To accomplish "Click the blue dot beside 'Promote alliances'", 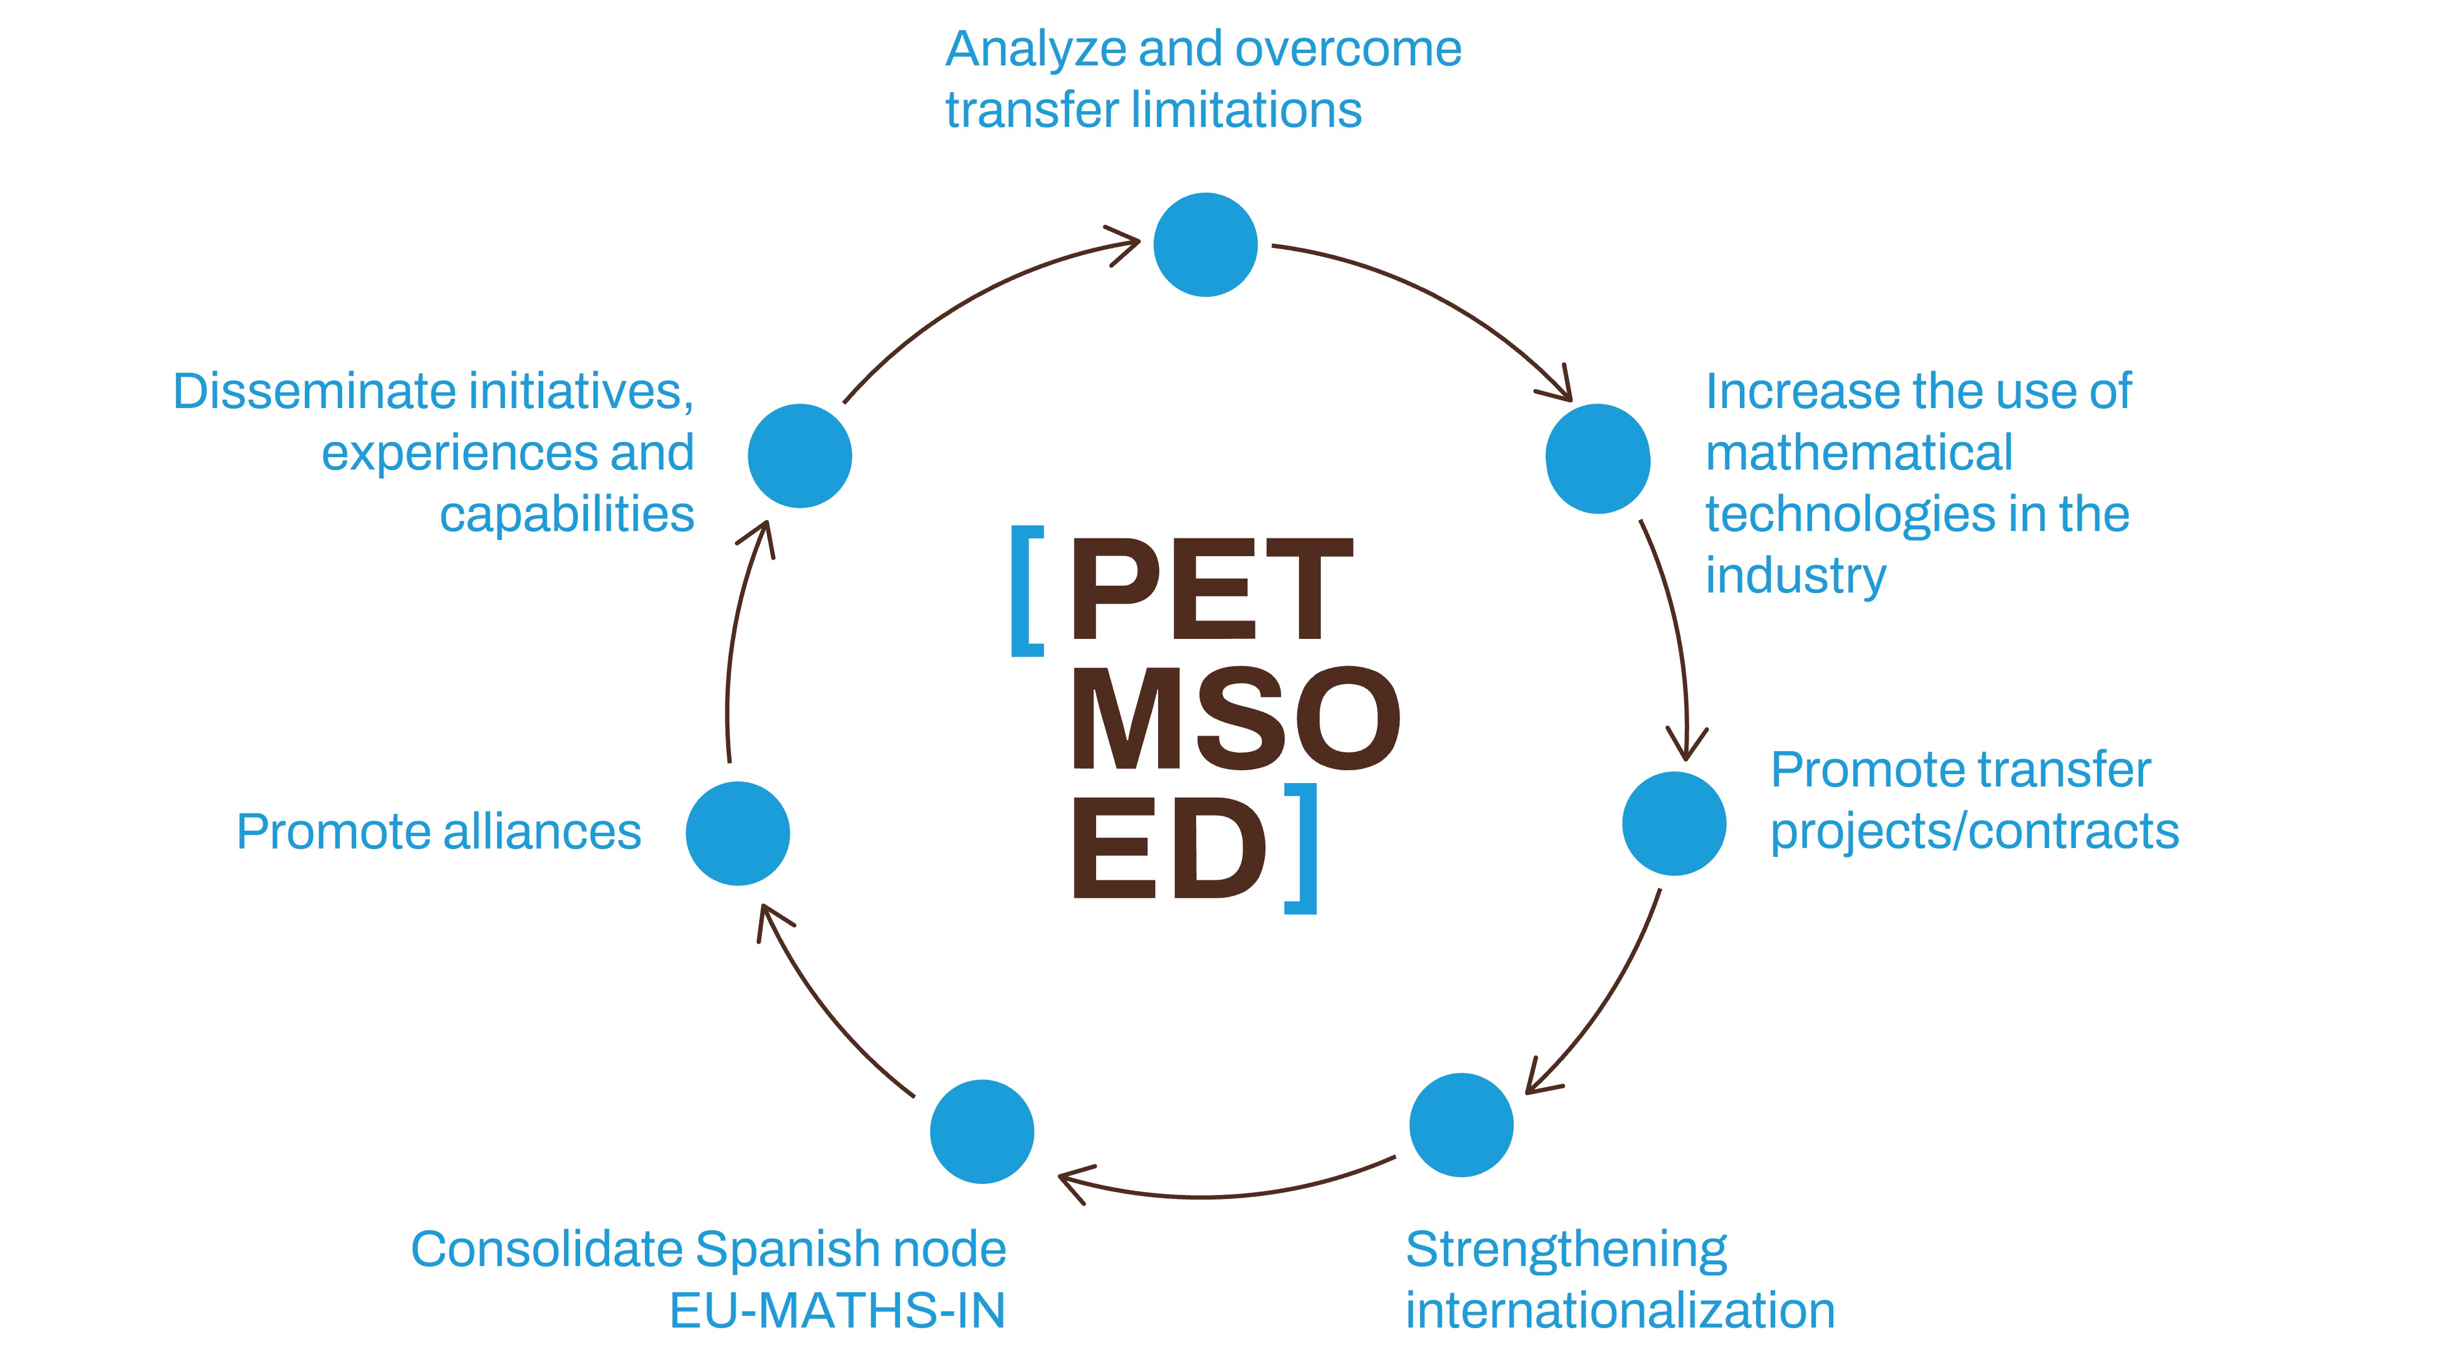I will (x=737, y=833).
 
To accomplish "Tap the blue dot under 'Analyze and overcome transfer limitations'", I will (x=1205, y=245).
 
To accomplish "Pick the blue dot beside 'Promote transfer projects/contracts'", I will (x=1674, y=824).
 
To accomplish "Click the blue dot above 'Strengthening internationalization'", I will (x=1461, y=1125).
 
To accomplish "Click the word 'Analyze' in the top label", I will (x=1035, y=50).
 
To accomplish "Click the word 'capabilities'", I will (x=566, y=515).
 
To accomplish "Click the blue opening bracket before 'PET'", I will (x=1026, y=591).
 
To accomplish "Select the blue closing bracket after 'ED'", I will (x=1302, y=848).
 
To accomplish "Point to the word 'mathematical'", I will (x=1858, y=453).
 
